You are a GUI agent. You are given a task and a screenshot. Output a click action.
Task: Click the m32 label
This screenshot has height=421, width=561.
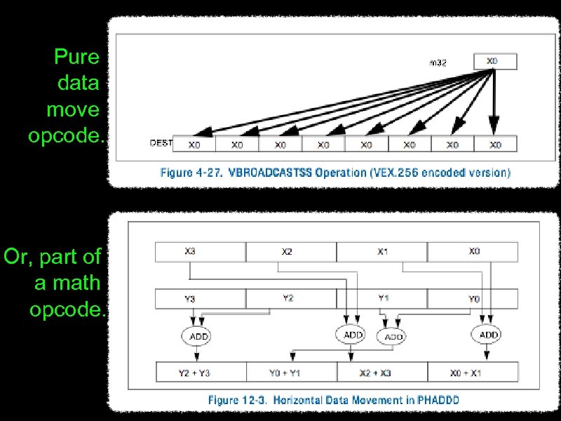438,62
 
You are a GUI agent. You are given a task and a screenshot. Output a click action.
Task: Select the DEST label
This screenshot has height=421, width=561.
161,143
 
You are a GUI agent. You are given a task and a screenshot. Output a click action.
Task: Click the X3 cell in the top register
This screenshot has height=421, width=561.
200,251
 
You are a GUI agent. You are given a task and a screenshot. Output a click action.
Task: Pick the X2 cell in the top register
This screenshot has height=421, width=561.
290,251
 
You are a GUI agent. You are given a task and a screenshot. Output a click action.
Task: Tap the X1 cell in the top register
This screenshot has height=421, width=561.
382,251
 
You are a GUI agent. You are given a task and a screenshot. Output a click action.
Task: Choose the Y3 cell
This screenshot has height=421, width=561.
200,299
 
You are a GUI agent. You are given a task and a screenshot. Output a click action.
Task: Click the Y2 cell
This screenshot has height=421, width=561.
290,298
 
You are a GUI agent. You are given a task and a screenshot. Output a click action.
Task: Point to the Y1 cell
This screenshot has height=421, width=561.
382,298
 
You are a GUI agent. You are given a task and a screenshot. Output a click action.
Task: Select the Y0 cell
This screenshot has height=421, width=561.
473,299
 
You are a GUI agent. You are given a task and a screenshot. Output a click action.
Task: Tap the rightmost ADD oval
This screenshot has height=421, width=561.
489,335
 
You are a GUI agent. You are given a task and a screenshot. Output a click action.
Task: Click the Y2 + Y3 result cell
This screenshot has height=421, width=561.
200,373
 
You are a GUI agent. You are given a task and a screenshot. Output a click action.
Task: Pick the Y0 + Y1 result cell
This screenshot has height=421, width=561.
290,373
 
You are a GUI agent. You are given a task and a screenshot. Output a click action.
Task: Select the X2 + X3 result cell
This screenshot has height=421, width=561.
382,373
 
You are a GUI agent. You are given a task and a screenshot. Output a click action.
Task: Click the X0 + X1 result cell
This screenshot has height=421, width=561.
473,373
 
